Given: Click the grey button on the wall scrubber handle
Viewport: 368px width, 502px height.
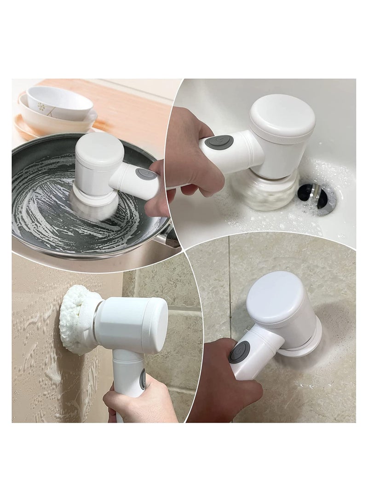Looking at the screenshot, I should tap(143, 380).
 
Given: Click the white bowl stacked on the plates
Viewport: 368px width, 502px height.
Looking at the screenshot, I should tap(59, 103).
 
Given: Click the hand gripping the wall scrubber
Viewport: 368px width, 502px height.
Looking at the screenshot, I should tap(138, 405).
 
